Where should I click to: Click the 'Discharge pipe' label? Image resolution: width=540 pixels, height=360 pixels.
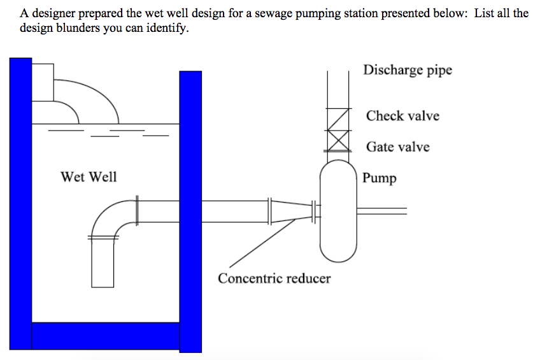tap(408, 70)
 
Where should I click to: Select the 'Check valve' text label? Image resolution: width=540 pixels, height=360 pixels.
tap(402, 116)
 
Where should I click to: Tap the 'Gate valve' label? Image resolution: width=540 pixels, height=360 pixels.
tap(397, 147)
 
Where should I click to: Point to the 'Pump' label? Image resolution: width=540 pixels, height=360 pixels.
tap(380, 178)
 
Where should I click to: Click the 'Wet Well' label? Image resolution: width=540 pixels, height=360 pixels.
tap(89, 176)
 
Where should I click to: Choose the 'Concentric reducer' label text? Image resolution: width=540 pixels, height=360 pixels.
tap(274, 278)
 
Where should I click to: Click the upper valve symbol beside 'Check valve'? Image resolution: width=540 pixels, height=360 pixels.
tap(338, 119)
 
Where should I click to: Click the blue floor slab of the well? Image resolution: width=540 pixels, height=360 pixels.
tap(106, 336)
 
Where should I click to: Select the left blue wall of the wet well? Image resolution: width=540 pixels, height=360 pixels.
tap(20, 204)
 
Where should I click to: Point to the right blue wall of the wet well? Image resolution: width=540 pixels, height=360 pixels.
tap(190, 210)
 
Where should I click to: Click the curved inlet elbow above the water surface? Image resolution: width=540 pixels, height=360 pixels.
tap(89, 99)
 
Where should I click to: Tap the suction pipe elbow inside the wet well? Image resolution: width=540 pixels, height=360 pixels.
tap(111, 217)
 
